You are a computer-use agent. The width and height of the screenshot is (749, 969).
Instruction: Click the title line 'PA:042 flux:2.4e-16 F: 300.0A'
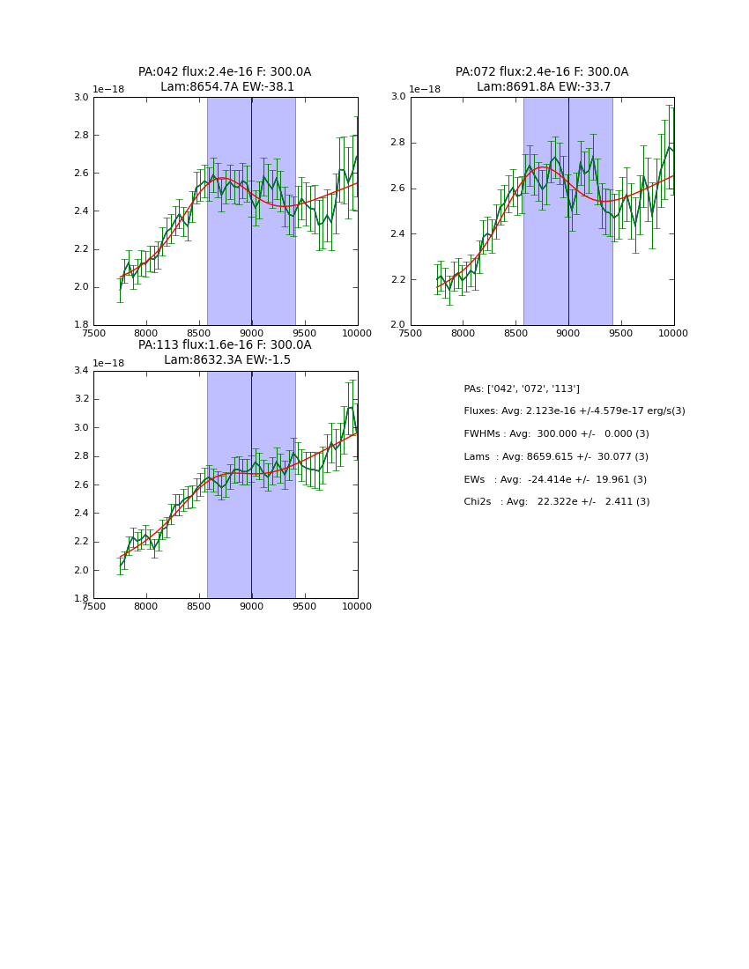pos(225,72)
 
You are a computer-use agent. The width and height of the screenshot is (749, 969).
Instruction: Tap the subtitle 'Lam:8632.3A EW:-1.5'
pos(227,360)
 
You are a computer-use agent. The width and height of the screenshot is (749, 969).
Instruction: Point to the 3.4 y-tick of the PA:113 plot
pos(81,370)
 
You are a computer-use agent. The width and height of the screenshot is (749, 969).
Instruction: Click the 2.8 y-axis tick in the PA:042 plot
pos(81,135)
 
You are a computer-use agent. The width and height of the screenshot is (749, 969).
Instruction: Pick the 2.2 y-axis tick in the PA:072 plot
pos(398,279)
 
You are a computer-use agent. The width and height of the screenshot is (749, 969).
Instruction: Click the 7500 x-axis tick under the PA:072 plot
pos(411,333)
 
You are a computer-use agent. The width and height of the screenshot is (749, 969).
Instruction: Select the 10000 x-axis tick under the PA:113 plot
pos(357,606)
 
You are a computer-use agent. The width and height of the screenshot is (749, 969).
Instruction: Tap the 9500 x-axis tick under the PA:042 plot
pos(305,333)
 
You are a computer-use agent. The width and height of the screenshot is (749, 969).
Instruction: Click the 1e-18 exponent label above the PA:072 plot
pos(425,90)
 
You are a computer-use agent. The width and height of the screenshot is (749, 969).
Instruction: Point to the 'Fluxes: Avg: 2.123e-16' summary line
pos(574,411)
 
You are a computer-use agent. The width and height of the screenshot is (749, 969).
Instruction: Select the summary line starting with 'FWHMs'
pos(556,434)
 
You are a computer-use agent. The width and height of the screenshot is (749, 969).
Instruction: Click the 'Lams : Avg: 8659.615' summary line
pos(555,457)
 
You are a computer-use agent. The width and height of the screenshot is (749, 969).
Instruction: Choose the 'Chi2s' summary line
pos(556,502)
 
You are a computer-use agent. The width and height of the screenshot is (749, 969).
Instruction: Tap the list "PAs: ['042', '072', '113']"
pos(522,389)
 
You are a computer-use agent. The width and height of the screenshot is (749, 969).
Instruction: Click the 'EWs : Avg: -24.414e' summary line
pos(555,480)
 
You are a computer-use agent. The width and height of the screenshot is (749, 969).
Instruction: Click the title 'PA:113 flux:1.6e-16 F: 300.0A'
pos(225,345)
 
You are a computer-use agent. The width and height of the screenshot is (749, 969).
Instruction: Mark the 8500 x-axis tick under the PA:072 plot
pos(515,333)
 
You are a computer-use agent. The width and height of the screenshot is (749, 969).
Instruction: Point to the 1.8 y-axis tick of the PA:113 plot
pos(81,598)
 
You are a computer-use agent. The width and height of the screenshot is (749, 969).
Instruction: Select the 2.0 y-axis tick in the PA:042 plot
pos(81,286)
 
